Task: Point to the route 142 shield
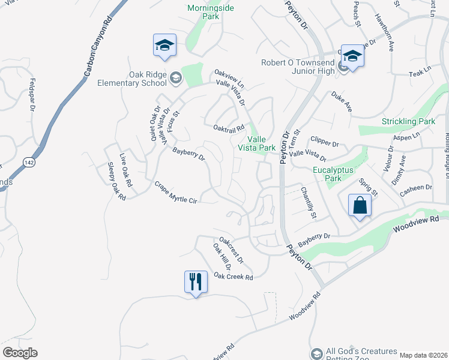click(28, 162)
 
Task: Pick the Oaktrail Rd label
click(229, 128)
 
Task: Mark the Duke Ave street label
click(341, 102)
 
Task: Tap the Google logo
click(20, 353)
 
